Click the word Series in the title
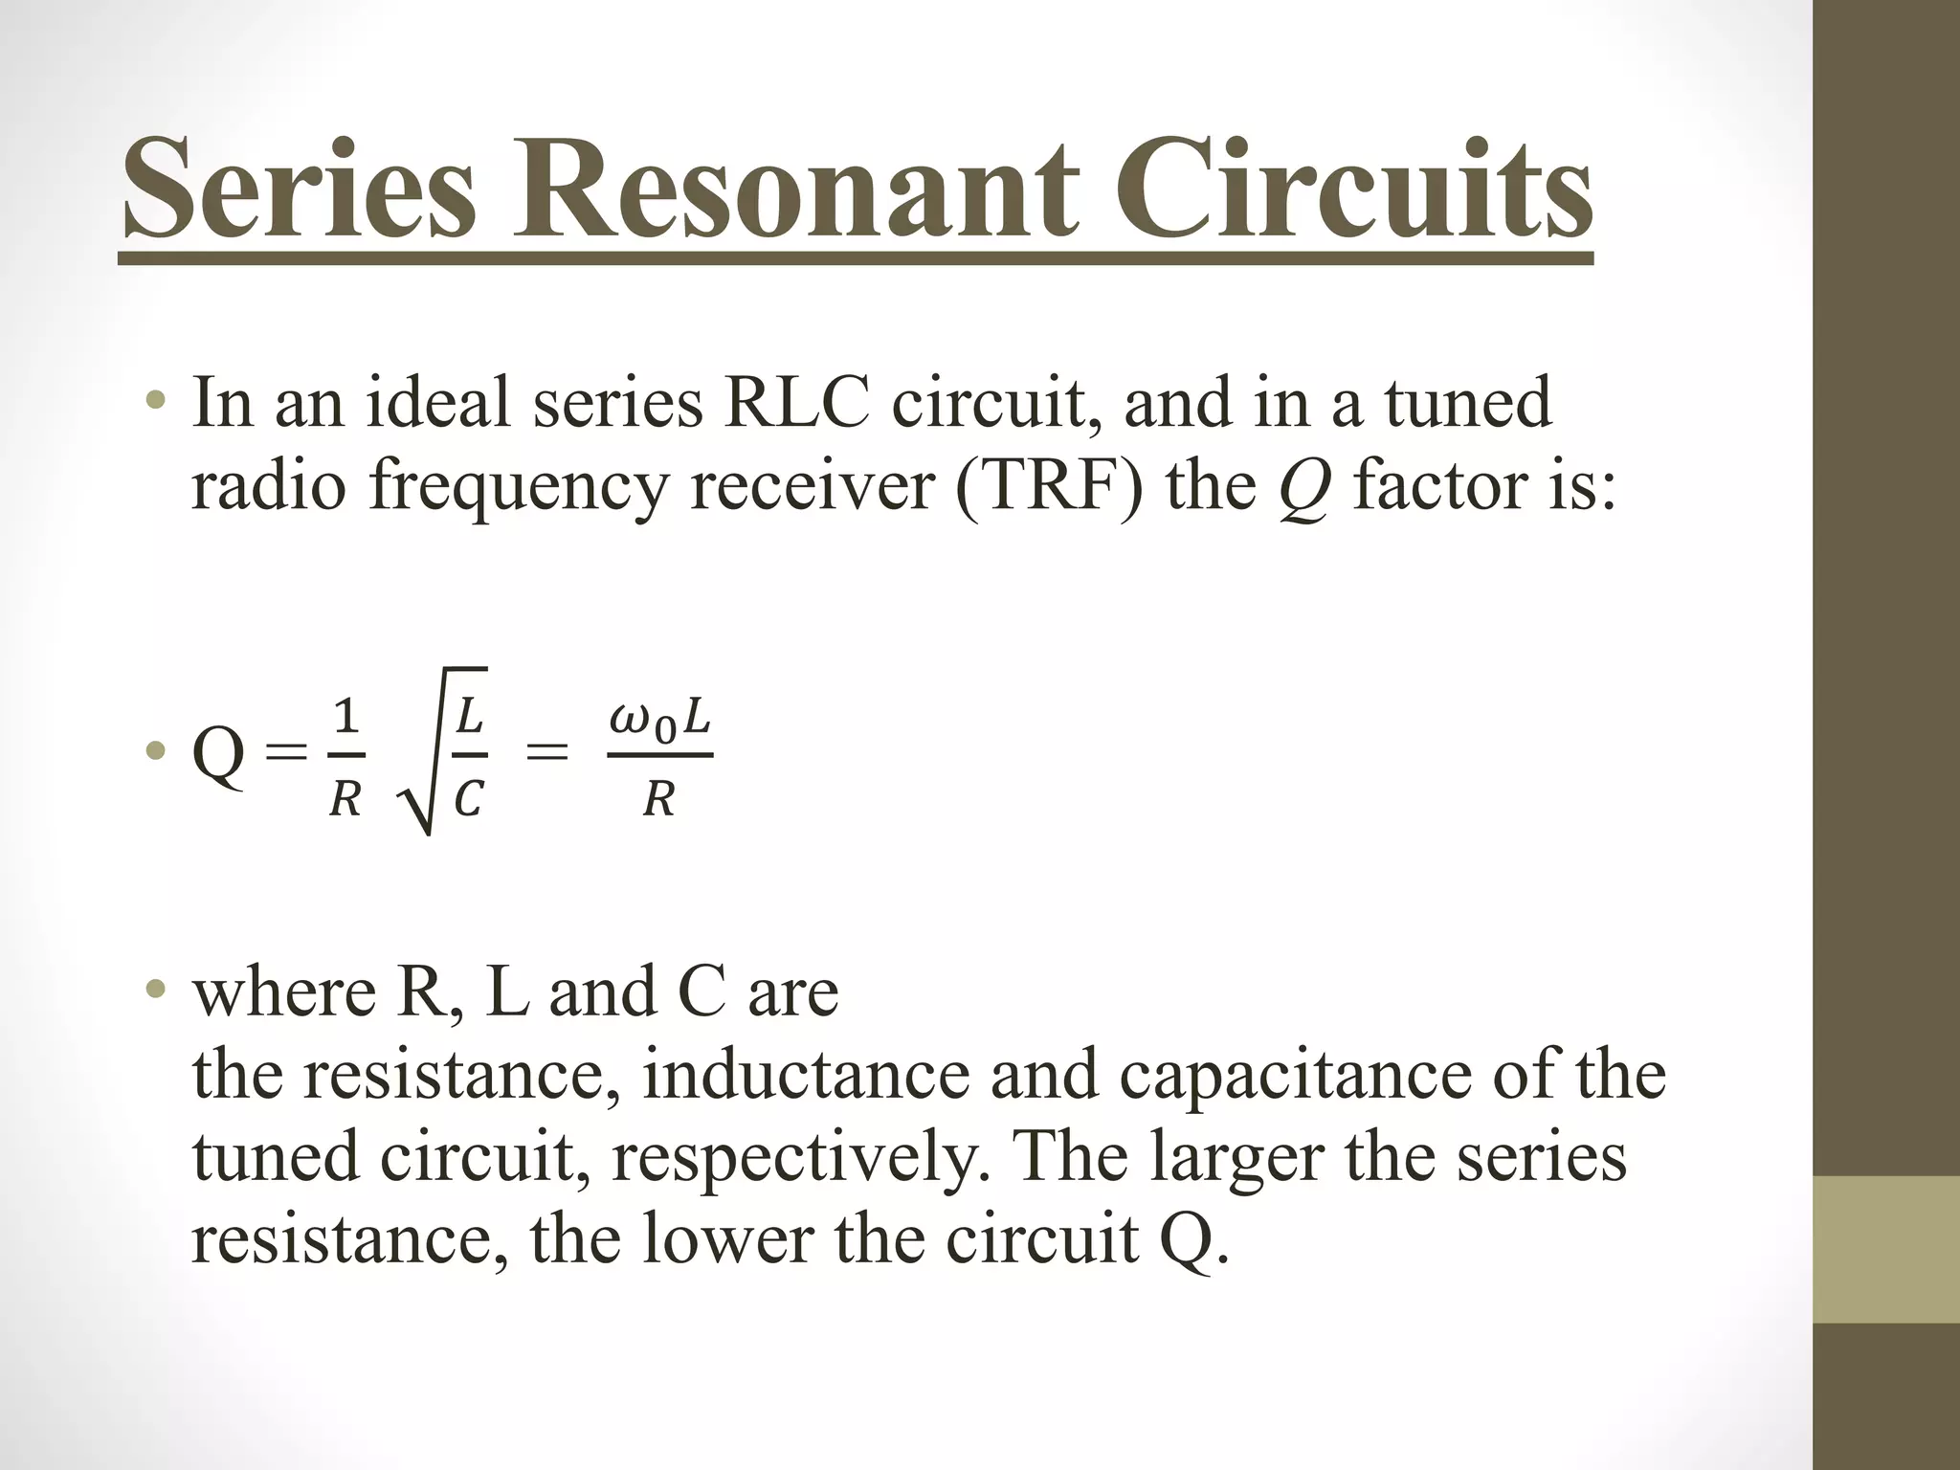pos(299,189)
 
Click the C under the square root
pos(468,798)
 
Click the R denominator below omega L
pos(658,798)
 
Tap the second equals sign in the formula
pos(547,753)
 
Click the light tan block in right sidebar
pos(1886,1249)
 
